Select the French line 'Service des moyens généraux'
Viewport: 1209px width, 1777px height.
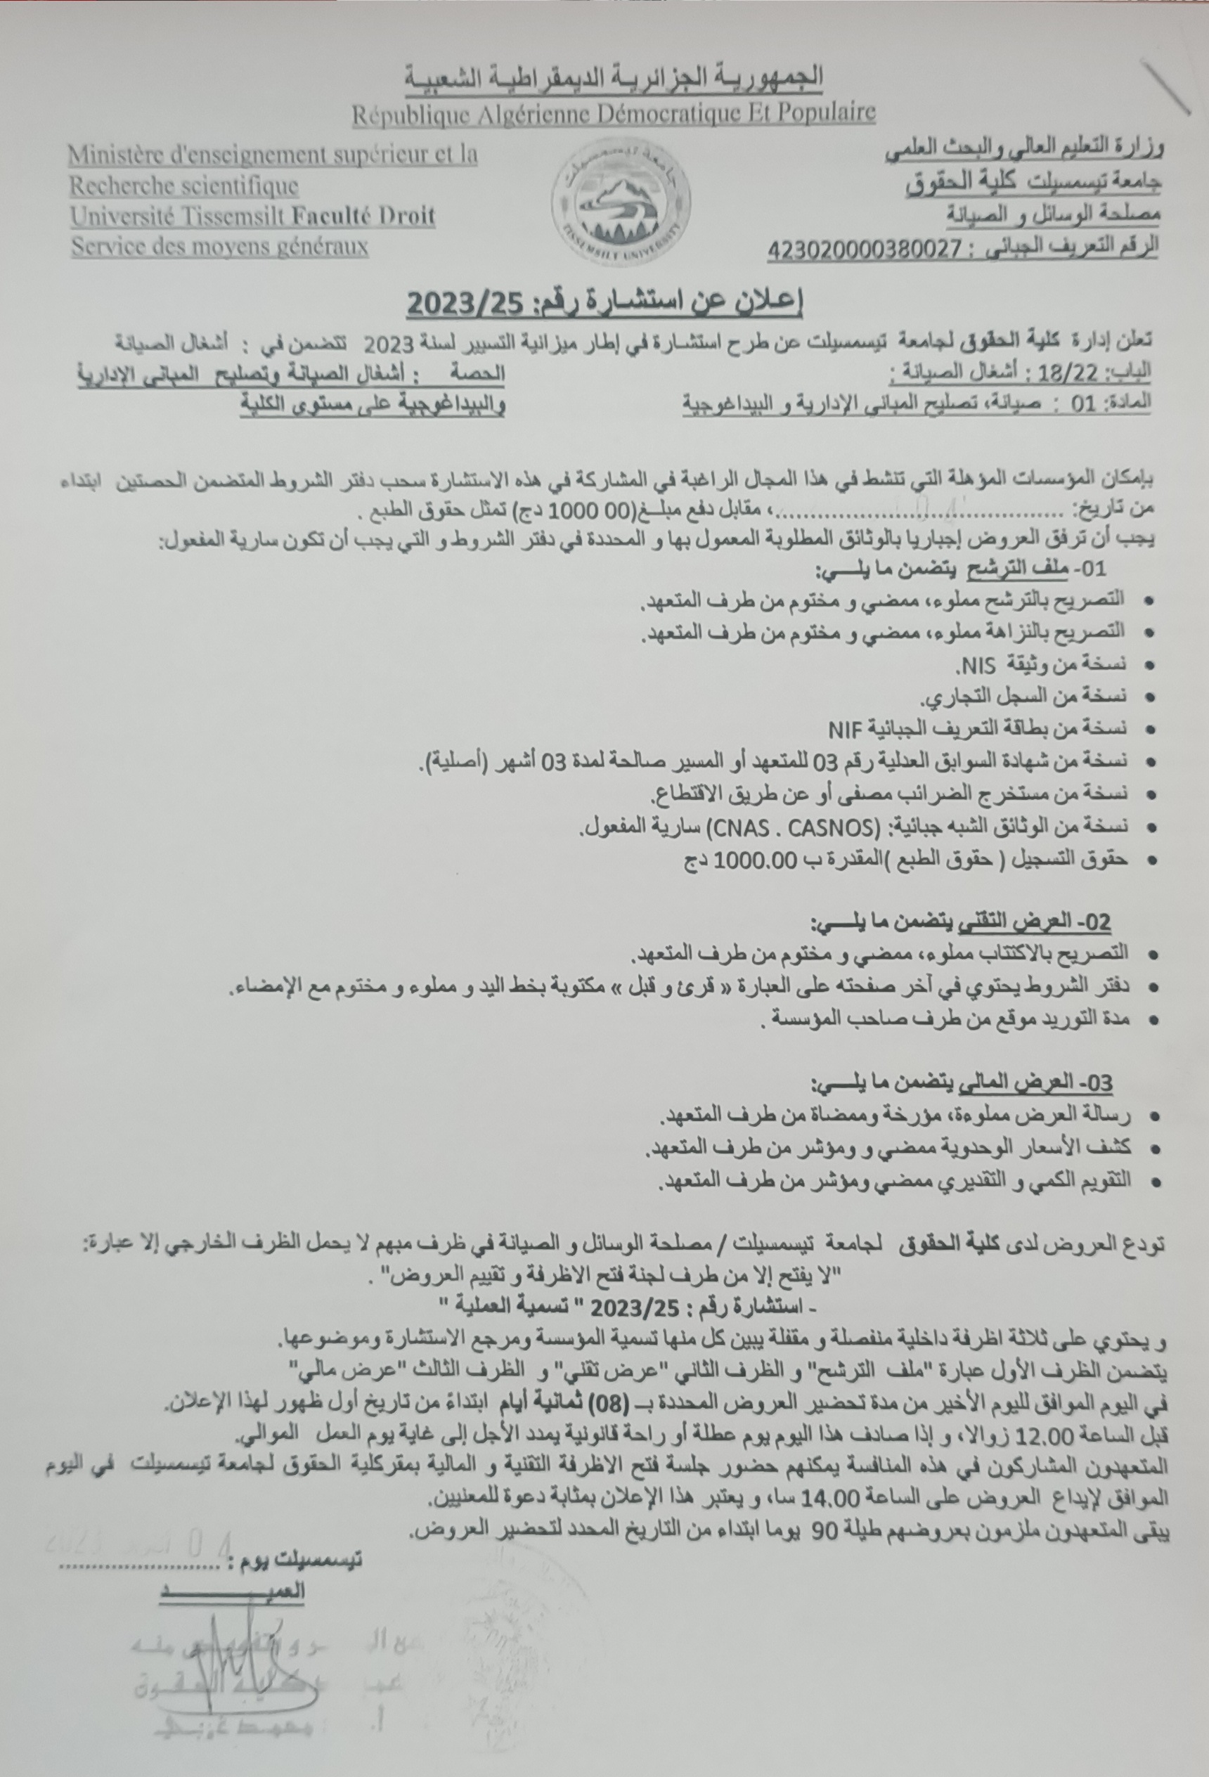(x=219, y=247)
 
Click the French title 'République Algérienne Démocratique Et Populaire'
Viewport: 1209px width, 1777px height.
(x=614, y=113)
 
